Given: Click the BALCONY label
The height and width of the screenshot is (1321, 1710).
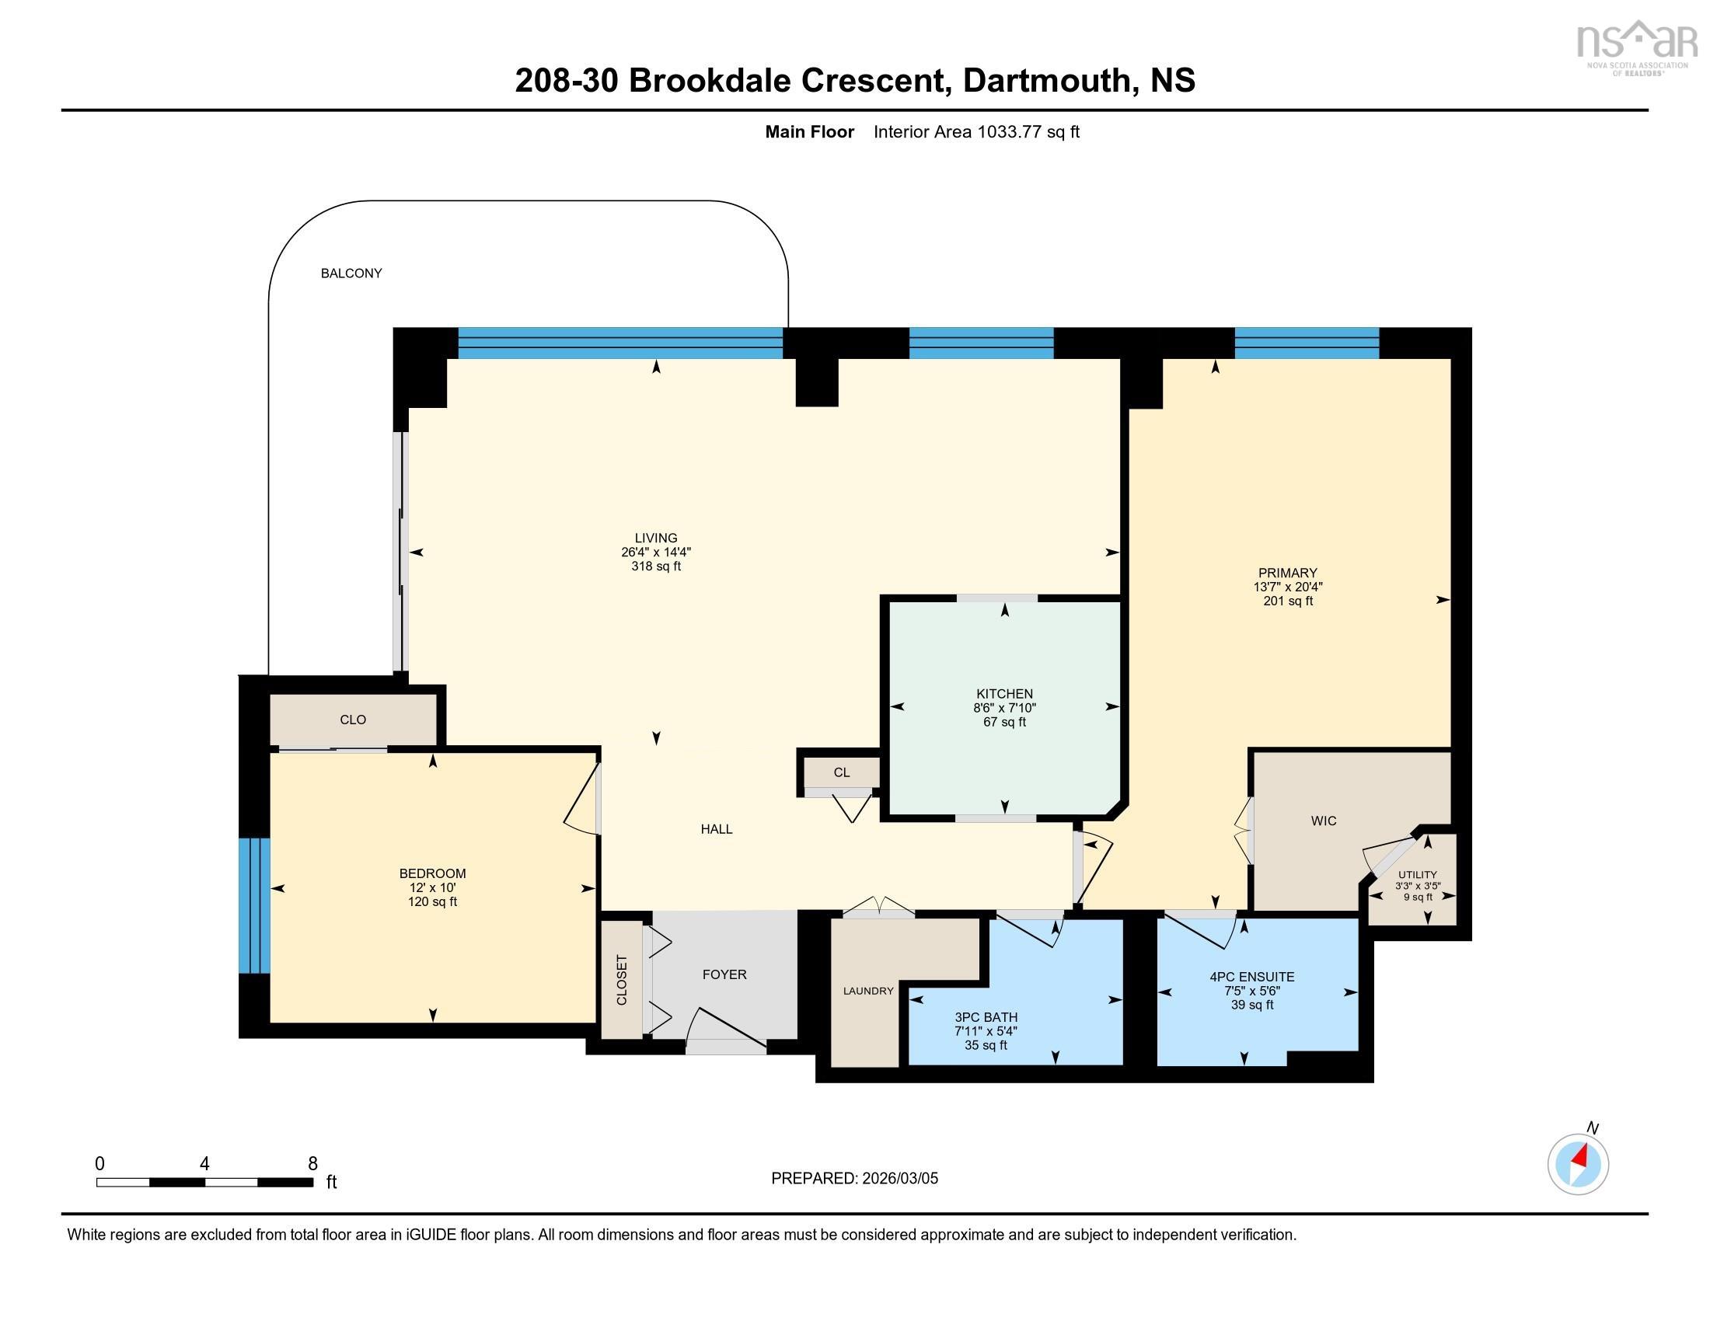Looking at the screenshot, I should [x=351, y=273].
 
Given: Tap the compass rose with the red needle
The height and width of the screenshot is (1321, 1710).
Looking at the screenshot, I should [x=1578, y=1164].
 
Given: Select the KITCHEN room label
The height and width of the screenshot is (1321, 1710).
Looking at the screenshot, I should [x=1003, y=693].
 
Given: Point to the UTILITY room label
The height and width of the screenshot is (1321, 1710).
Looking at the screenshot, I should [x=1417, y=875].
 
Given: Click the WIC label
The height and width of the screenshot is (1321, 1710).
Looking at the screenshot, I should [x=1323, y=821].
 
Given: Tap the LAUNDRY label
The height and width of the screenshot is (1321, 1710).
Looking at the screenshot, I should [x=867, y=991].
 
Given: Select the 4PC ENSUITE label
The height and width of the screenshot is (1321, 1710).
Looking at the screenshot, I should [x=1251, y=977].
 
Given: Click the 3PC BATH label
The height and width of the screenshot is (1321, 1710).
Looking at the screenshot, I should [x=985, y=1017].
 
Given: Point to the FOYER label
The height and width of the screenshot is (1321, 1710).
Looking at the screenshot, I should [x=724, y=974].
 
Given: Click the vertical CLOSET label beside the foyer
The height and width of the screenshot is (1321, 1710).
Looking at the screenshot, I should [x=622, y=980].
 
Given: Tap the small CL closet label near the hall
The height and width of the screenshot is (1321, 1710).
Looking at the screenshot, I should [x=841, y=772].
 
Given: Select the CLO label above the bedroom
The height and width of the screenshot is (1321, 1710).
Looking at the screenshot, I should [x=352, y=720].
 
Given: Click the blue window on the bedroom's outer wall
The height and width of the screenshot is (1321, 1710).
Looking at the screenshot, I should [x=253, y=905].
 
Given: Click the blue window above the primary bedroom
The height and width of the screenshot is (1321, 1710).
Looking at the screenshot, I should [x=1306, y=343].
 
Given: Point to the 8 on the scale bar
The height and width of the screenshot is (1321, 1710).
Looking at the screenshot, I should [x=312, y=1164].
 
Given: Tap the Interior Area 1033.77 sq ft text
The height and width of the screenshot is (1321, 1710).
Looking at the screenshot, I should [x=975, y=131].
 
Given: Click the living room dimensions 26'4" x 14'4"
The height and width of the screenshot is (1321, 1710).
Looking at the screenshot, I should [x=655, y=552].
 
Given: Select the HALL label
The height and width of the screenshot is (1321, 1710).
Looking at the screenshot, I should [x=716, y=829].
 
